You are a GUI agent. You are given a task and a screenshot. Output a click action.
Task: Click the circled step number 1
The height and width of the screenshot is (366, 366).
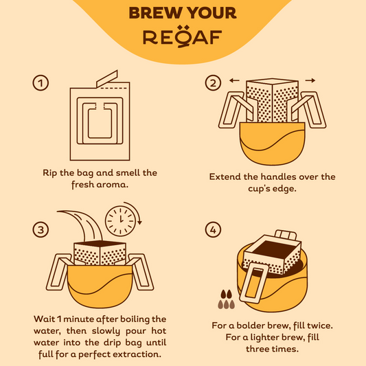click(x=41, y=83)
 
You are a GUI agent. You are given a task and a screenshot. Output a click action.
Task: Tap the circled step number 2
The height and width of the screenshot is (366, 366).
click(x=213, y=83)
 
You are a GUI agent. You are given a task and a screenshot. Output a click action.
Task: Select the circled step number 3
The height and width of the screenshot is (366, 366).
click(x=41, y=229)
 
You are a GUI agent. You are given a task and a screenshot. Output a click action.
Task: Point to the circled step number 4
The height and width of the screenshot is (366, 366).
click(x=213, y=229)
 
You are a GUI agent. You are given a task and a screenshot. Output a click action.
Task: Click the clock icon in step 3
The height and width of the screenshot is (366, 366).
click(x=120, y=221)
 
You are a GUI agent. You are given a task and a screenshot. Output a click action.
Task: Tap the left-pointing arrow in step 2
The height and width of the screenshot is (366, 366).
click(x=234, y=80)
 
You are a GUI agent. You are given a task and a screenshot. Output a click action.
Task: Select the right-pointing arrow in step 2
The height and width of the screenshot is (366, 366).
click(x=310, y=80)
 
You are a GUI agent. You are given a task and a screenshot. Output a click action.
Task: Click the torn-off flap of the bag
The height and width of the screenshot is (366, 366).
click(x=107, y=78)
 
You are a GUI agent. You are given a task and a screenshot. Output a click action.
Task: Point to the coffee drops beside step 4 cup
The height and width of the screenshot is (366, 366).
click(x=226, y=299)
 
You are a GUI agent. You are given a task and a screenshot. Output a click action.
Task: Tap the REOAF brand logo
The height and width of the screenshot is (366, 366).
click(x=182, y=36)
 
